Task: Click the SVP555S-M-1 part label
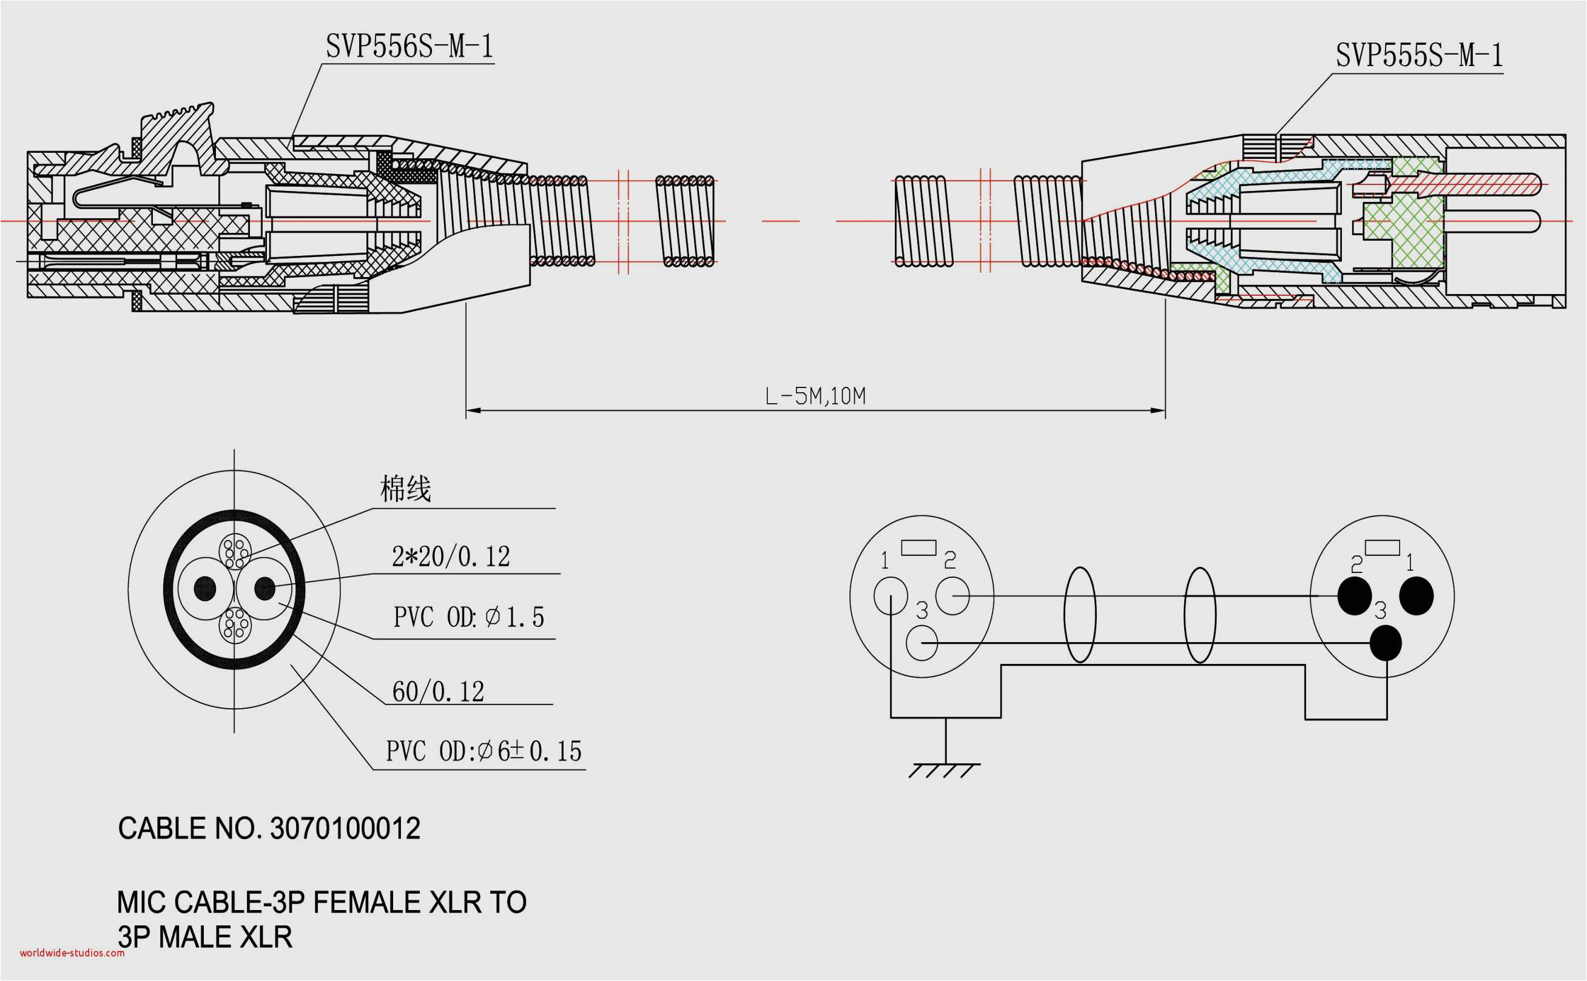click(1419, 56)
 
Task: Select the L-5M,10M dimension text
click(815, 396)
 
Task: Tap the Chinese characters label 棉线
click(405, 489)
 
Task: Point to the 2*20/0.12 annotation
click(451, 557)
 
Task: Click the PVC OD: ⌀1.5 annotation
click(468, 617)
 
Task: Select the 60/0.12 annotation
click(438, 692)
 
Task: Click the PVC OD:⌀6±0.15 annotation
click(484, 751)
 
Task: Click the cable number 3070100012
click(345, 829)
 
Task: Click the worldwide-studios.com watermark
click(72, 953)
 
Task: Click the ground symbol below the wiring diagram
click(945, 769)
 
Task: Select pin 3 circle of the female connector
click(921, 643)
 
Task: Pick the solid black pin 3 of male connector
click(1385, 643)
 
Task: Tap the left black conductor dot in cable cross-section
click(205, 589)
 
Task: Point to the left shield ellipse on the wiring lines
click(1079, 614)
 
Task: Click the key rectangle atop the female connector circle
click(918, 547)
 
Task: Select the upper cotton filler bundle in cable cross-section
click(234, 552)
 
